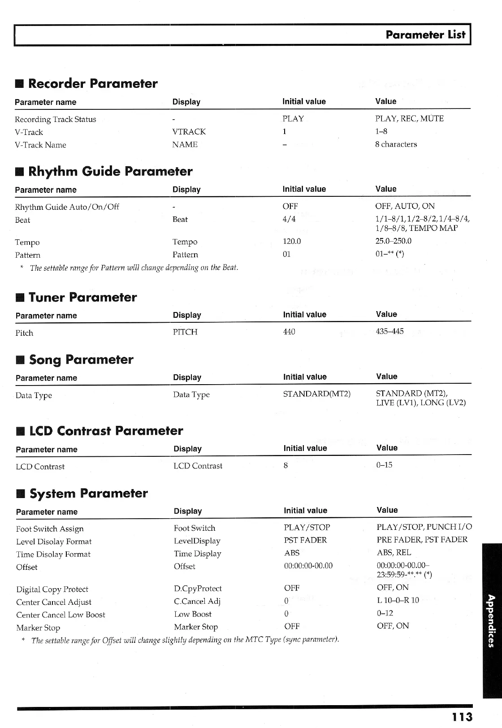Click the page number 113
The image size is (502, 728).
pos(462,717)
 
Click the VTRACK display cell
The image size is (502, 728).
pos(189,132)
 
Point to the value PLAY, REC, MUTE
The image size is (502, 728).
pos(409,119)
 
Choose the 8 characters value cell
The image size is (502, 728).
pos(396,144)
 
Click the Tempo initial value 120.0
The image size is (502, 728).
pos(291,241)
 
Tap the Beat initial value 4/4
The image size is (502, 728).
pos(289,219)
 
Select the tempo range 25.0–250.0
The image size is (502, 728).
pos(393,241)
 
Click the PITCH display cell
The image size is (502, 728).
pos(185,332)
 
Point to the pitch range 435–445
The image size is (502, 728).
pos(389,331)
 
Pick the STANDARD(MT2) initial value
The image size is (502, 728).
pos(316,394)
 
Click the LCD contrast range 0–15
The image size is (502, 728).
pos(384,465)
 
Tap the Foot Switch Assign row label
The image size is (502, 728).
pos(50,529)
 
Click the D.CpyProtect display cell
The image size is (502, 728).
pos(198,589)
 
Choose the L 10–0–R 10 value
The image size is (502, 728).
pos(398,600)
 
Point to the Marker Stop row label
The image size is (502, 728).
pos(38,628)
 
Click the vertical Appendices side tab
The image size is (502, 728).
pos(491,620)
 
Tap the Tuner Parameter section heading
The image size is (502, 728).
pos(82,297)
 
